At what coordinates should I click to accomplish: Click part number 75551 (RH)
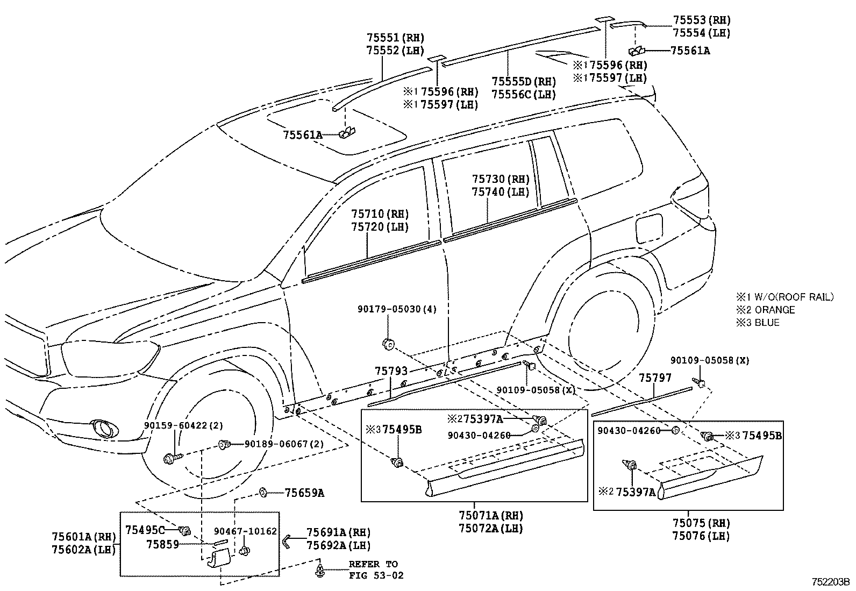click(x=395, y=38)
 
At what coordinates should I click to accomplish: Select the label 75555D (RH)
click(x=523, y=82)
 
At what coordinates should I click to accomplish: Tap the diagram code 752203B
click(x=830, y=581)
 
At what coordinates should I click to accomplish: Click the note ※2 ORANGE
click(x=766, y=310)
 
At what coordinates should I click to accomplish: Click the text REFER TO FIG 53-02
click(x=375, y=569)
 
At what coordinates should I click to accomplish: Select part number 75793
click(x=391, y=371)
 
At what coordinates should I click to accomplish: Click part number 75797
click(x=655, y=378)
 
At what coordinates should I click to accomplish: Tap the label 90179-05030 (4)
click(x=397, y=309)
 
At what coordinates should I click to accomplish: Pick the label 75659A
click(x=304, y=493)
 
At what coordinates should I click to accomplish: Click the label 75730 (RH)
click(x=501, y=179)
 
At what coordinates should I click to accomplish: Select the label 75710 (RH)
click(x=380, y=214)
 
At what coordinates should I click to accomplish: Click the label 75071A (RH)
click(x=490, y=516)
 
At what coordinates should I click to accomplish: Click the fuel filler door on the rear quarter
click(x=649, y=229)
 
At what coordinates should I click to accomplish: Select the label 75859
click(x=162, y=544)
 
